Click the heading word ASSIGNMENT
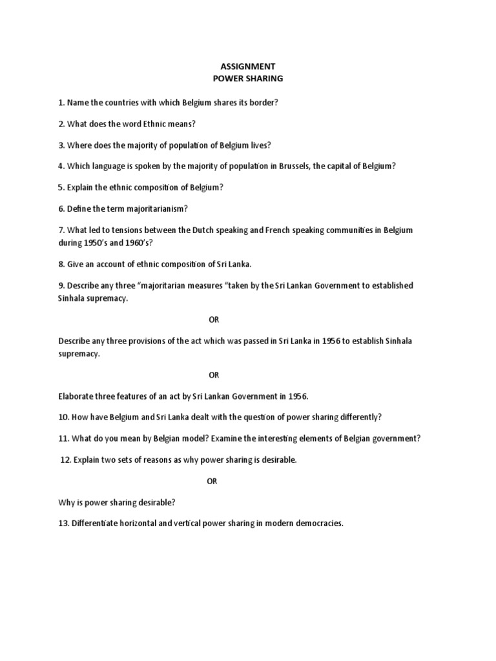248,66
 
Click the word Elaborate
77,396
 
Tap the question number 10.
63,417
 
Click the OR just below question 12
212,482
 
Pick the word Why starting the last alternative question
67,502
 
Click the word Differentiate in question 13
96,524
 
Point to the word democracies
318,524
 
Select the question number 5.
61,187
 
